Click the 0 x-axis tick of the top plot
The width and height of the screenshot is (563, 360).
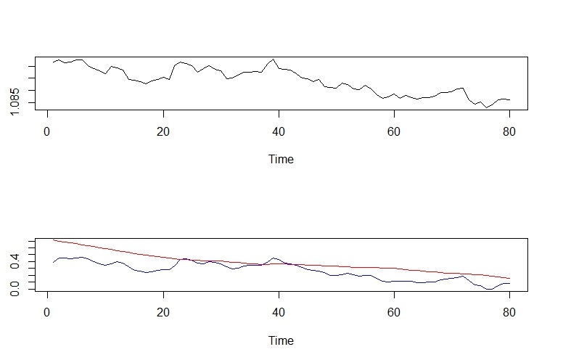(x=47, y=134)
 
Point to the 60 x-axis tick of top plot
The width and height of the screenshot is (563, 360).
(x=395, y=134)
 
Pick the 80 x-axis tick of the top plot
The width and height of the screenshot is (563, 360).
(x=510, y=134)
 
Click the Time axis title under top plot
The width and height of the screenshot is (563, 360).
(x=280, y=159)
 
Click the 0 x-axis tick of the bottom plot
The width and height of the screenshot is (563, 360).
(x=47, y=314)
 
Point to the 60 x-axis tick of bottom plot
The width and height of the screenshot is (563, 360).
(x=395, y=314)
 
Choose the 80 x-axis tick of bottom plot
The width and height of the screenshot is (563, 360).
(x=510, y=314)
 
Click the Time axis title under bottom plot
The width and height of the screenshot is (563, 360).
(x=280, y=340)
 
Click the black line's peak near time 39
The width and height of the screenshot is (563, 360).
(x=273, y=60)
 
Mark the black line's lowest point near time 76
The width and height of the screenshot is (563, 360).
(x=486, y=107)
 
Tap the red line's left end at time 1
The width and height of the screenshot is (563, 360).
(x=53, y=240)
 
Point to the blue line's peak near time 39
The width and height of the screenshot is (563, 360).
(x=274, y=258)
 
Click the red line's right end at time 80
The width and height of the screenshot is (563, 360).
(x=510, y=278)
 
